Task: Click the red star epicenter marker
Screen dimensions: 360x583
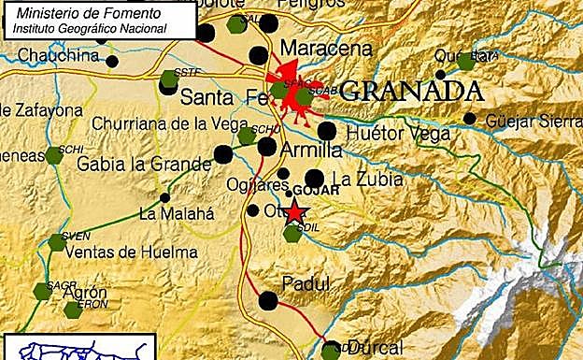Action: (x=295, y=213)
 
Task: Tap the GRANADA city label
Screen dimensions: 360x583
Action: (x=412, y=92)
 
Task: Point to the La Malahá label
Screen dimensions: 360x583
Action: (x=177, y=213)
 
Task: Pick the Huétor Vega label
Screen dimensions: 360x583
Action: (x=397, y=135)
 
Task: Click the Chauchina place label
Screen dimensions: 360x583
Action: (x=59, y=55)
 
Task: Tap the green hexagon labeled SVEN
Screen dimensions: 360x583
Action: (x=57, y=242)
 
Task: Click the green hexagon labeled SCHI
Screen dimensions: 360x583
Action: (x=54, y=155)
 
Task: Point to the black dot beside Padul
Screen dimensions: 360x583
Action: (x=268, y=300)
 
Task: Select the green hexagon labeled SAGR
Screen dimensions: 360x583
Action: (x=42, y=291)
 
